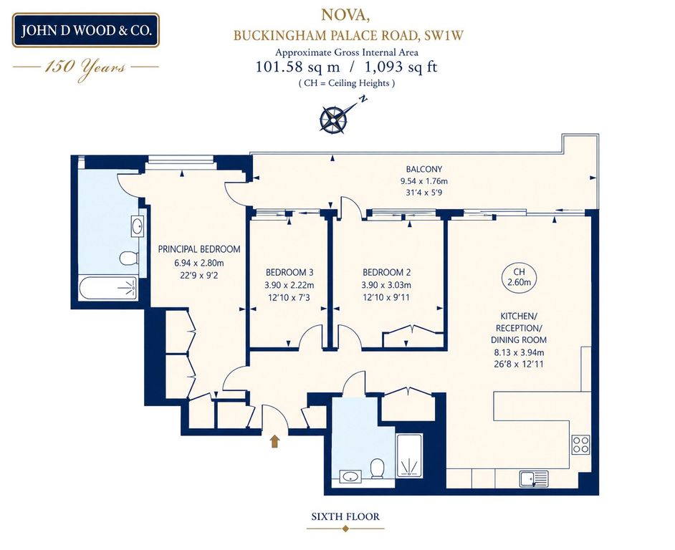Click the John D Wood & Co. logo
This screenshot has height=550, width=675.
click(x=86, y=30)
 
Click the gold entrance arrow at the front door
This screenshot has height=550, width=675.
click(x=274, y=441)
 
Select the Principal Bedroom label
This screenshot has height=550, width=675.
click(x=199, y=249)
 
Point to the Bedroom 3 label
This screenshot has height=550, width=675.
click(x=289, y=272)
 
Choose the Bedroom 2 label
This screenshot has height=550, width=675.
click(x=386, y=272)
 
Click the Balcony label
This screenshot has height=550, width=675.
click(x=424, y=169)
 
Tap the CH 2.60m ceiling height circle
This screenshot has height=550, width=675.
click(x=520, y=277)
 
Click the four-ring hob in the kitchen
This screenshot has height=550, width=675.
click(x=580, y=444)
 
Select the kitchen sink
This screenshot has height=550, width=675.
click(x=534, y=478)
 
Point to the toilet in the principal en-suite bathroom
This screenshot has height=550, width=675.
click(x=129, y=259)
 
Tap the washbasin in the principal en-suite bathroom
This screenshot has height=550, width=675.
click(x=138, y=226)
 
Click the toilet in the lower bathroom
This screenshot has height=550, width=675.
click(x=377, y=468)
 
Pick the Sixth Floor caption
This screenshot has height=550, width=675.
click(x=345, y=516)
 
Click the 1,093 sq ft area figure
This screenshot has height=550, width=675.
click(x=401, y=67)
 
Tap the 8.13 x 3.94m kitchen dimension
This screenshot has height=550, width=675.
click(x=520, y=352)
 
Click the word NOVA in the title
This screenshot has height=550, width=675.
click(x=345, y=15)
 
